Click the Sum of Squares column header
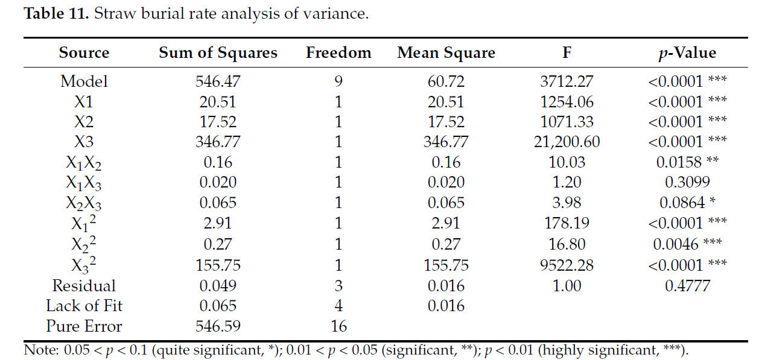(218, 53)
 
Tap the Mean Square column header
(446, 53)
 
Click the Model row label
(84, 81)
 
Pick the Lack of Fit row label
(84, 306)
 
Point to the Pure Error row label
(84, 326)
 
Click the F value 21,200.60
(567, 142)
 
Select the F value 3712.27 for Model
(567, 81)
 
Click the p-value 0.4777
(687, 285)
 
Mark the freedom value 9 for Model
(338, 81)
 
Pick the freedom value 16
(338, 326)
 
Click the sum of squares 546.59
(218, 326)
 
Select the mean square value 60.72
(446, 81)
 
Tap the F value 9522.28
(567, 265)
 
